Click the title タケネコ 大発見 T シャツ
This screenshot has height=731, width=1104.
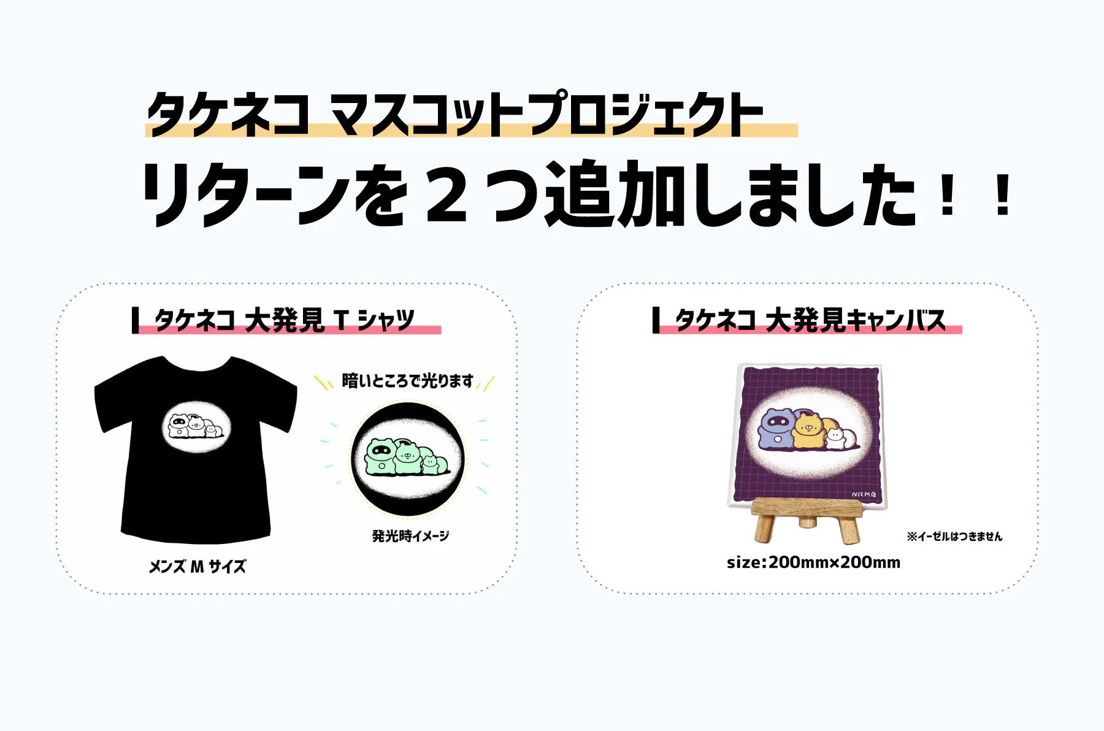coord(285,320)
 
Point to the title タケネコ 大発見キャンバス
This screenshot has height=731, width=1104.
coord(810,320)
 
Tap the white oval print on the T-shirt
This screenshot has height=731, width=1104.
coord(196,427)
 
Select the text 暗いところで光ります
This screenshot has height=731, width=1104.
coord(408,381)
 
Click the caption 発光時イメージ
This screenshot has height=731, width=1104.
coord(410,536)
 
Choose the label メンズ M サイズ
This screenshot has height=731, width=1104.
coord(197,567)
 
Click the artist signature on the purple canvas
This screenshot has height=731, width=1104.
coord(864,494)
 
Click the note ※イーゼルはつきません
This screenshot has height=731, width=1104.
coord(954,537)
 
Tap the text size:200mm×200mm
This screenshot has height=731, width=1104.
coord(813,562)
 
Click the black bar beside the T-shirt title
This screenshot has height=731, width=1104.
coord(135,320)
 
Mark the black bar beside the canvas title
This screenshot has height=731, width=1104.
coord(656,320)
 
